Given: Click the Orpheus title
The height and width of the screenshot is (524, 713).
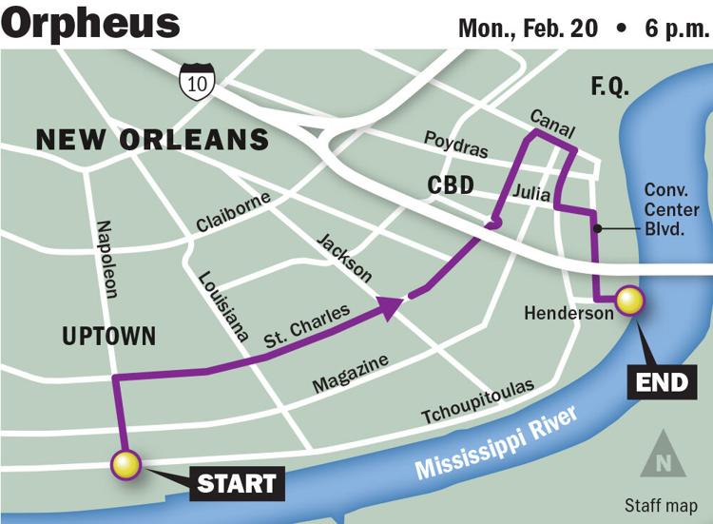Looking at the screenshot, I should click(90, 23).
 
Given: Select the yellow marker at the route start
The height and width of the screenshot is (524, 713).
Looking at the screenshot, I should click(125, 465).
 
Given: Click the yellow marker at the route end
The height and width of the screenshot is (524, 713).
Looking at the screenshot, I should click(629, 301).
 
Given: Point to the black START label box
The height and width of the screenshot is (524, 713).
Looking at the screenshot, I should click(237, 483).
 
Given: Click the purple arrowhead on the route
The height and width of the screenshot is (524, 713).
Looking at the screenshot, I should click(390, 305).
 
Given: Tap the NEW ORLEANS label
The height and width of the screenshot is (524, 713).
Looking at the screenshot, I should click(152, 141).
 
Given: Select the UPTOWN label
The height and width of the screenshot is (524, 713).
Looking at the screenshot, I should click(108, 336).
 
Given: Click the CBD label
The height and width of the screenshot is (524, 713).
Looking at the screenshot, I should click(450, 184).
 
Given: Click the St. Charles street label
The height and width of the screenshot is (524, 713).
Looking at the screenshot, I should click(306, 324).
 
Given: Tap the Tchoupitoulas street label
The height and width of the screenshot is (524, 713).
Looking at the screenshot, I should click(478, 403).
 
